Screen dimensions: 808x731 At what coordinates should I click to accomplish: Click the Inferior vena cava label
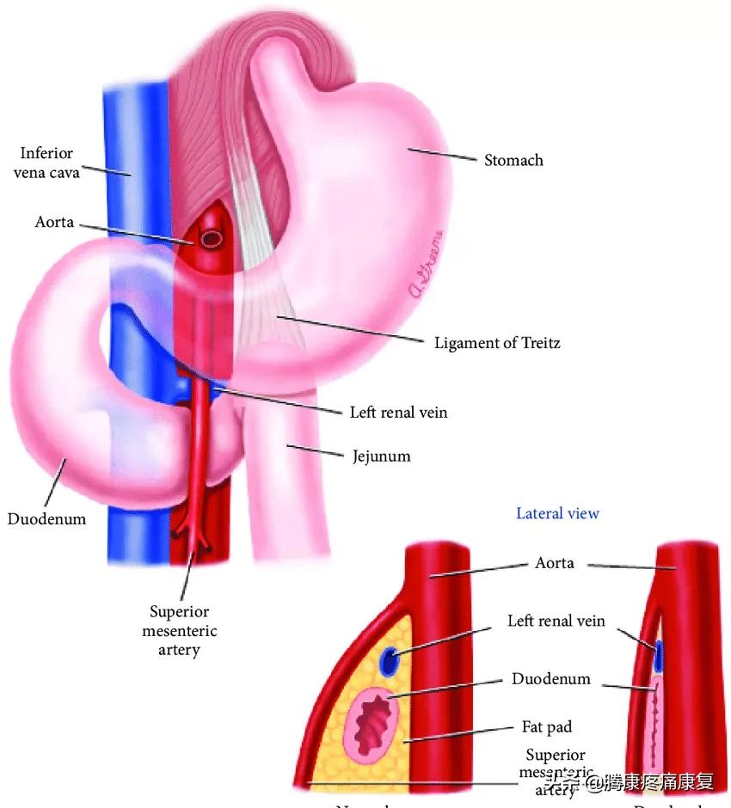point(47,162)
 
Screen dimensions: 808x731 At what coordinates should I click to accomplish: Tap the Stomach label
point(513,160)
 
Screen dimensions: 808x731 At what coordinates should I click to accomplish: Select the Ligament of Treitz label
point(498,343)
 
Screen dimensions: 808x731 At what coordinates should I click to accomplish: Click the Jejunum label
point(381,456)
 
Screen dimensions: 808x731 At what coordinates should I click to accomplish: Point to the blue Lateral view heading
point(557,513)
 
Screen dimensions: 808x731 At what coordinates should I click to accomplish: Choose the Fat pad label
point(547,727)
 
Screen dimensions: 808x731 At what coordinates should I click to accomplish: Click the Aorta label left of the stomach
point(54,223)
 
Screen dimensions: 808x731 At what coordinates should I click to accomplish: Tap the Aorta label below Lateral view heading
point(555,564)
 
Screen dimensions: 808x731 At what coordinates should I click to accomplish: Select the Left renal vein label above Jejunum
point(398,413)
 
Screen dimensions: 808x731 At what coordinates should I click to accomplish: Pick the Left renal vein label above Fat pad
point(556,621)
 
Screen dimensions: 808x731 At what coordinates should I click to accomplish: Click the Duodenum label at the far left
point(46,518)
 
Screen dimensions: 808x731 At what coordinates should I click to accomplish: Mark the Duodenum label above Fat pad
point(551,679)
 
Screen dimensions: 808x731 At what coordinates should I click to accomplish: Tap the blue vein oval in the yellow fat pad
point(390,662)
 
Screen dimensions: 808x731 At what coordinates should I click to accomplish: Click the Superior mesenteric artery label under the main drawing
point(179,631)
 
